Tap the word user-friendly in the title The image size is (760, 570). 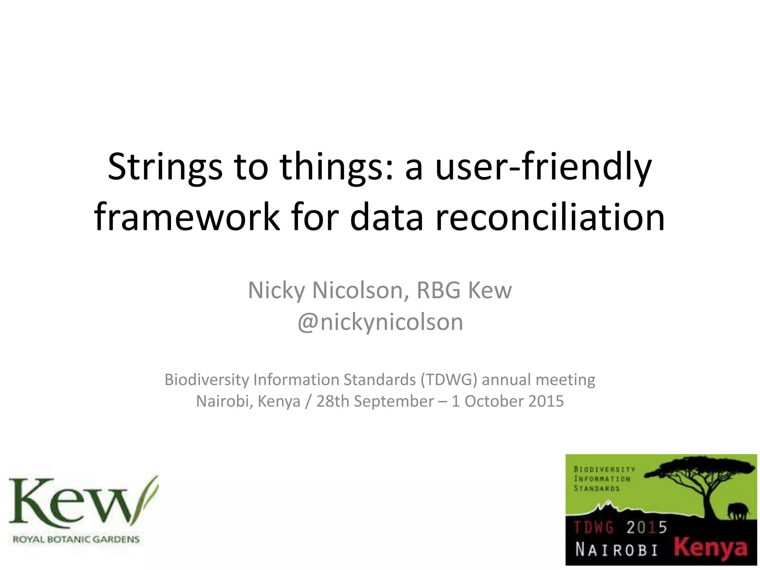click(x=543, y=167)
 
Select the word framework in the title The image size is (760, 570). click(x=187, y=217)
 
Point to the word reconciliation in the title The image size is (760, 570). click(x=550, y=217)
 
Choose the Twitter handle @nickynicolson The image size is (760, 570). click(x=380, y=322)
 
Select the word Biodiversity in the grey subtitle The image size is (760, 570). click(x=207, y=380)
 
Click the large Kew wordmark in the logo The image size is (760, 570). click(x=71, y=502)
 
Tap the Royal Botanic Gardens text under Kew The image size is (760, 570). click(x=76, y=539)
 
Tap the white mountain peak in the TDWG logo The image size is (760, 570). click(x=607, y=504)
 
